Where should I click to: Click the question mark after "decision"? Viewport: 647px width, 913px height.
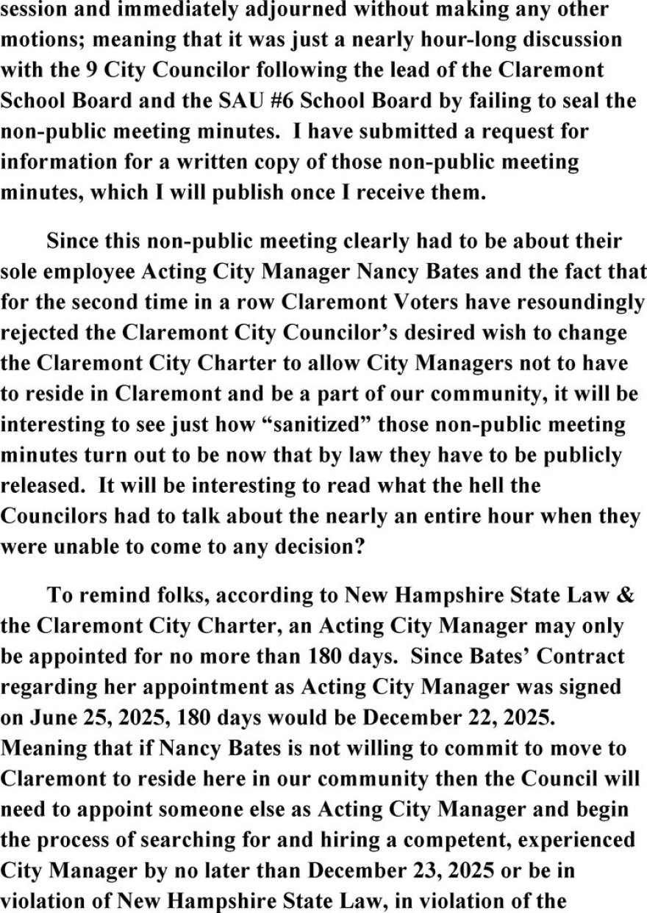[361, 546]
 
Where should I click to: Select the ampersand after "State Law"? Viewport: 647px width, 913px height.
[624, 595]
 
